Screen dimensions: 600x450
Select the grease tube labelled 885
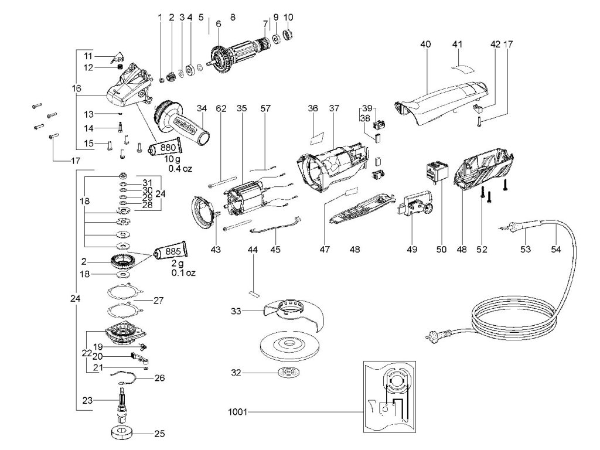[171, 251]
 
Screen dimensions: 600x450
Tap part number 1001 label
[238, 412]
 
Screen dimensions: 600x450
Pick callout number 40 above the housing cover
[425, 44]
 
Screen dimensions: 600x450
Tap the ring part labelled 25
[122, 434]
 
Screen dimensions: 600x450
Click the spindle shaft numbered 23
[123, 403]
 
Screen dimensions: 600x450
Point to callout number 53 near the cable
[526, 249]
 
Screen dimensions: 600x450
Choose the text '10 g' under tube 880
[172, 159]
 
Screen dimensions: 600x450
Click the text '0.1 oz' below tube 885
[183, 273]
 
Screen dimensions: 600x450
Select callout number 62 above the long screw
[221, 108]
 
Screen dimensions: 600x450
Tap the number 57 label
[265, 108]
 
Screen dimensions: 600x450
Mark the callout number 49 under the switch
[412, 249]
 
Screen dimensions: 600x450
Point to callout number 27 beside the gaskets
[158, 301]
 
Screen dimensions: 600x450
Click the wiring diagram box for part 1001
[390, 397]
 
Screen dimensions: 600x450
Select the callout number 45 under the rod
[275, 250]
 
